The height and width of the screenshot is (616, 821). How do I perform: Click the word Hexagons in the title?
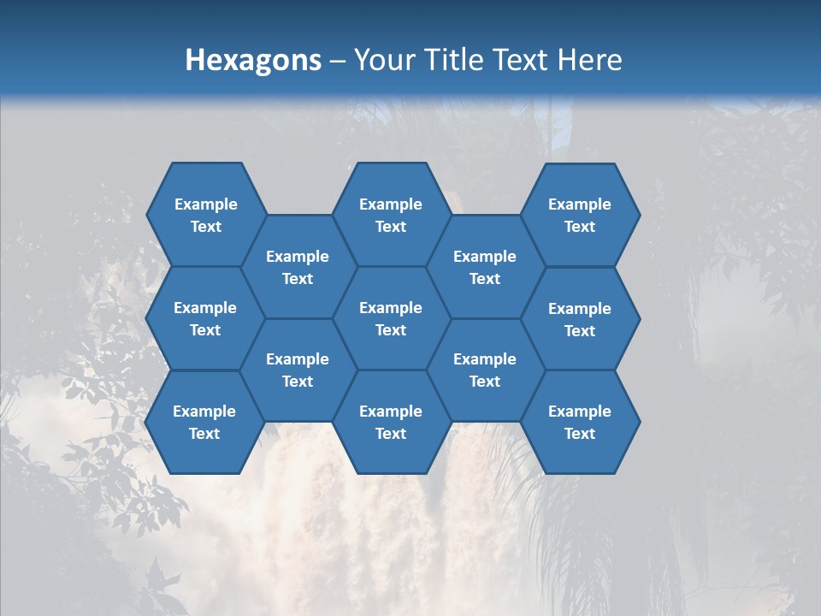click(253, 60)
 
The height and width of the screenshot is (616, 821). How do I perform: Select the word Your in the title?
click(382, 60)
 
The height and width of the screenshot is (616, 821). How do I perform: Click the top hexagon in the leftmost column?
click(205, 215)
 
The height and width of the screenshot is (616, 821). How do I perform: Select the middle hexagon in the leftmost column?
click(205, 318)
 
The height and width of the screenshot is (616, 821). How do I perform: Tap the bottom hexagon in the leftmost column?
click(204, 422)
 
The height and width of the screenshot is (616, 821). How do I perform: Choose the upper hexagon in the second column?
click(298, 267)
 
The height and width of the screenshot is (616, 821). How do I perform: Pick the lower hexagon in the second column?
click(298, 370)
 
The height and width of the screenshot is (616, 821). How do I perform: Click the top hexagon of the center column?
click(391, 215)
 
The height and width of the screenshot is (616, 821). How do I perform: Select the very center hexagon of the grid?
click(391, 318)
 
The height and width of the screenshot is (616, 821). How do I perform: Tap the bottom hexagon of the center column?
click(391, 422)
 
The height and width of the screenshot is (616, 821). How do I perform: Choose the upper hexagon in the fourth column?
click(485, 267)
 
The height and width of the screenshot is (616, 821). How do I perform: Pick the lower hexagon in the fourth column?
click(485, 370)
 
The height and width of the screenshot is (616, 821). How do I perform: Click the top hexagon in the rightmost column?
click(580, 215)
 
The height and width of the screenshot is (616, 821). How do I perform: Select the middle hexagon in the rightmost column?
click(580, 319)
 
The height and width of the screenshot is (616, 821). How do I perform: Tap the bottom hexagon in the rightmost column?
click(580, 422)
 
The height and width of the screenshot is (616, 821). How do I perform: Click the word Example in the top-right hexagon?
click(580, 204)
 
